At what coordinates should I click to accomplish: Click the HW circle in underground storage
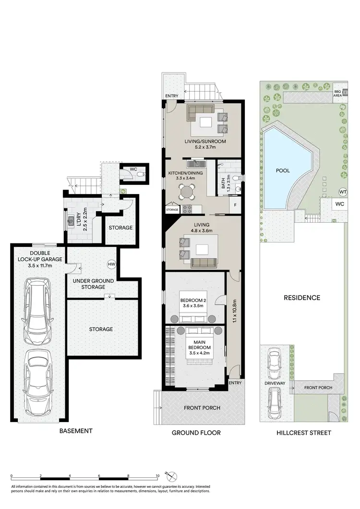click(x=111, y=264)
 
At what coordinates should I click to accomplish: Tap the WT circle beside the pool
click(x=343, y=191)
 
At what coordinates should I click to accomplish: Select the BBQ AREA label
click(x=338, y=93)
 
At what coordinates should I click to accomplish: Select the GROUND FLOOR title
click(x=196, y=433)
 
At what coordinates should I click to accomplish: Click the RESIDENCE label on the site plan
click(x=301, y=298)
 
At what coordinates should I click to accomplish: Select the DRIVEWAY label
click(x=275, y=383)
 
